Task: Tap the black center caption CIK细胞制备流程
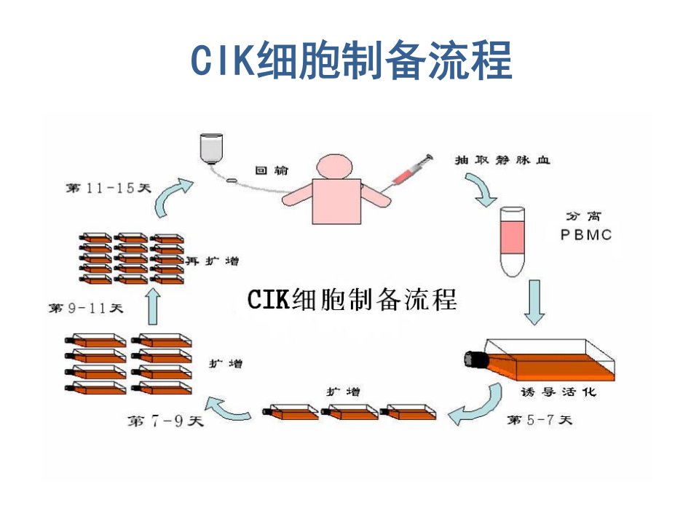click(x=352, y=299)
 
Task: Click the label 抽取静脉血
click(x=502, y=160)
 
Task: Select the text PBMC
click(x=586, y=235)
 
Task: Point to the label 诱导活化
click(x=558, y=392)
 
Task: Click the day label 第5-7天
click(x=540, y=420)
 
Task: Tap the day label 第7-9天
click(x=165, y=421)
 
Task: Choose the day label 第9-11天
click(x=86, y=308)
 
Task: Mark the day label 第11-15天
click(x=108, y=188)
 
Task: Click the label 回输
click(x=272, y=170)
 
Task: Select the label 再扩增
click(x=212, y=261)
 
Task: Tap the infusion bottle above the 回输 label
click(x=211, y=148)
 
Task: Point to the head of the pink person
click(x=334, y=167)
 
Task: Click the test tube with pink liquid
click(x=513, y=242)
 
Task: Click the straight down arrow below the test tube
click(x=534, y=302)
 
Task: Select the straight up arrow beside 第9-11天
click(x=154, y=306)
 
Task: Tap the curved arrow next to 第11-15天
click(x=172, y=196)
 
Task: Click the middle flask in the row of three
click(x=349, y=412)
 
